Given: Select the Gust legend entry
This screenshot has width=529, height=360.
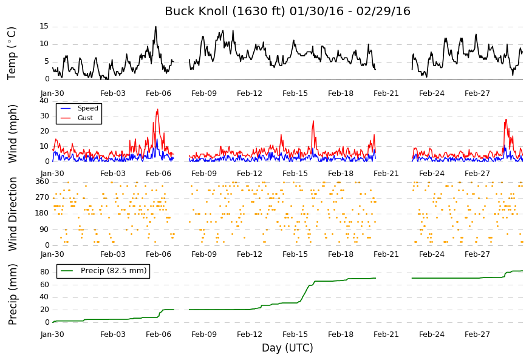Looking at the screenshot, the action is [77, 118].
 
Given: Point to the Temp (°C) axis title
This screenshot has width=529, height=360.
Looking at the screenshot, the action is [12, 53].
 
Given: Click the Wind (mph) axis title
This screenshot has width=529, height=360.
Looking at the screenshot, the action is [12, 134].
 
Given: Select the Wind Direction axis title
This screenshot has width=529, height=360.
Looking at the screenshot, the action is [12, 214].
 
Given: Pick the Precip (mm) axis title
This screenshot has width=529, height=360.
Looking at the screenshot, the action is [12, 294].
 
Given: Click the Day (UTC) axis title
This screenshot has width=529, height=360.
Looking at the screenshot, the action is [287, 347].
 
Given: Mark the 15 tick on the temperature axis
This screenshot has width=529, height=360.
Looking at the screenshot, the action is [44, 26].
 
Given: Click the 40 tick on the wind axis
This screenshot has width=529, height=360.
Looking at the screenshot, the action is [44, 101].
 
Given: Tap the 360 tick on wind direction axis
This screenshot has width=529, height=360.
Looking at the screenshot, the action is [42, 182].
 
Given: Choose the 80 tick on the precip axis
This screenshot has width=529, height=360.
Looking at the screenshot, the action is [44, 272].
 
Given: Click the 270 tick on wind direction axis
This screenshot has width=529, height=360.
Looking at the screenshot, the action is [42, 197].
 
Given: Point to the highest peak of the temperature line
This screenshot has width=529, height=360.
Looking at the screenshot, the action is [155, 26].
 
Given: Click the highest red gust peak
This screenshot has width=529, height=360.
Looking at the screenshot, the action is [157, 109].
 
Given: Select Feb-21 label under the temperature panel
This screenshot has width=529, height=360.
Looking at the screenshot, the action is [386, 93].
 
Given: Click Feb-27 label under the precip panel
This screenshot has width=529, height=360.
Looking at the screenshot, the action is [477, 335].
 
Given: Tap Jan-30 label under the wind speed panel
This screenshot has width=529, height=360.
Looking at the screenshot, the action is [52, 174].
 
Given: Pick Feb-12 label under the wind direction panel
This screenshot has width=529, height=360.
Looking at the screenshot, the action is [250, 254].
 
